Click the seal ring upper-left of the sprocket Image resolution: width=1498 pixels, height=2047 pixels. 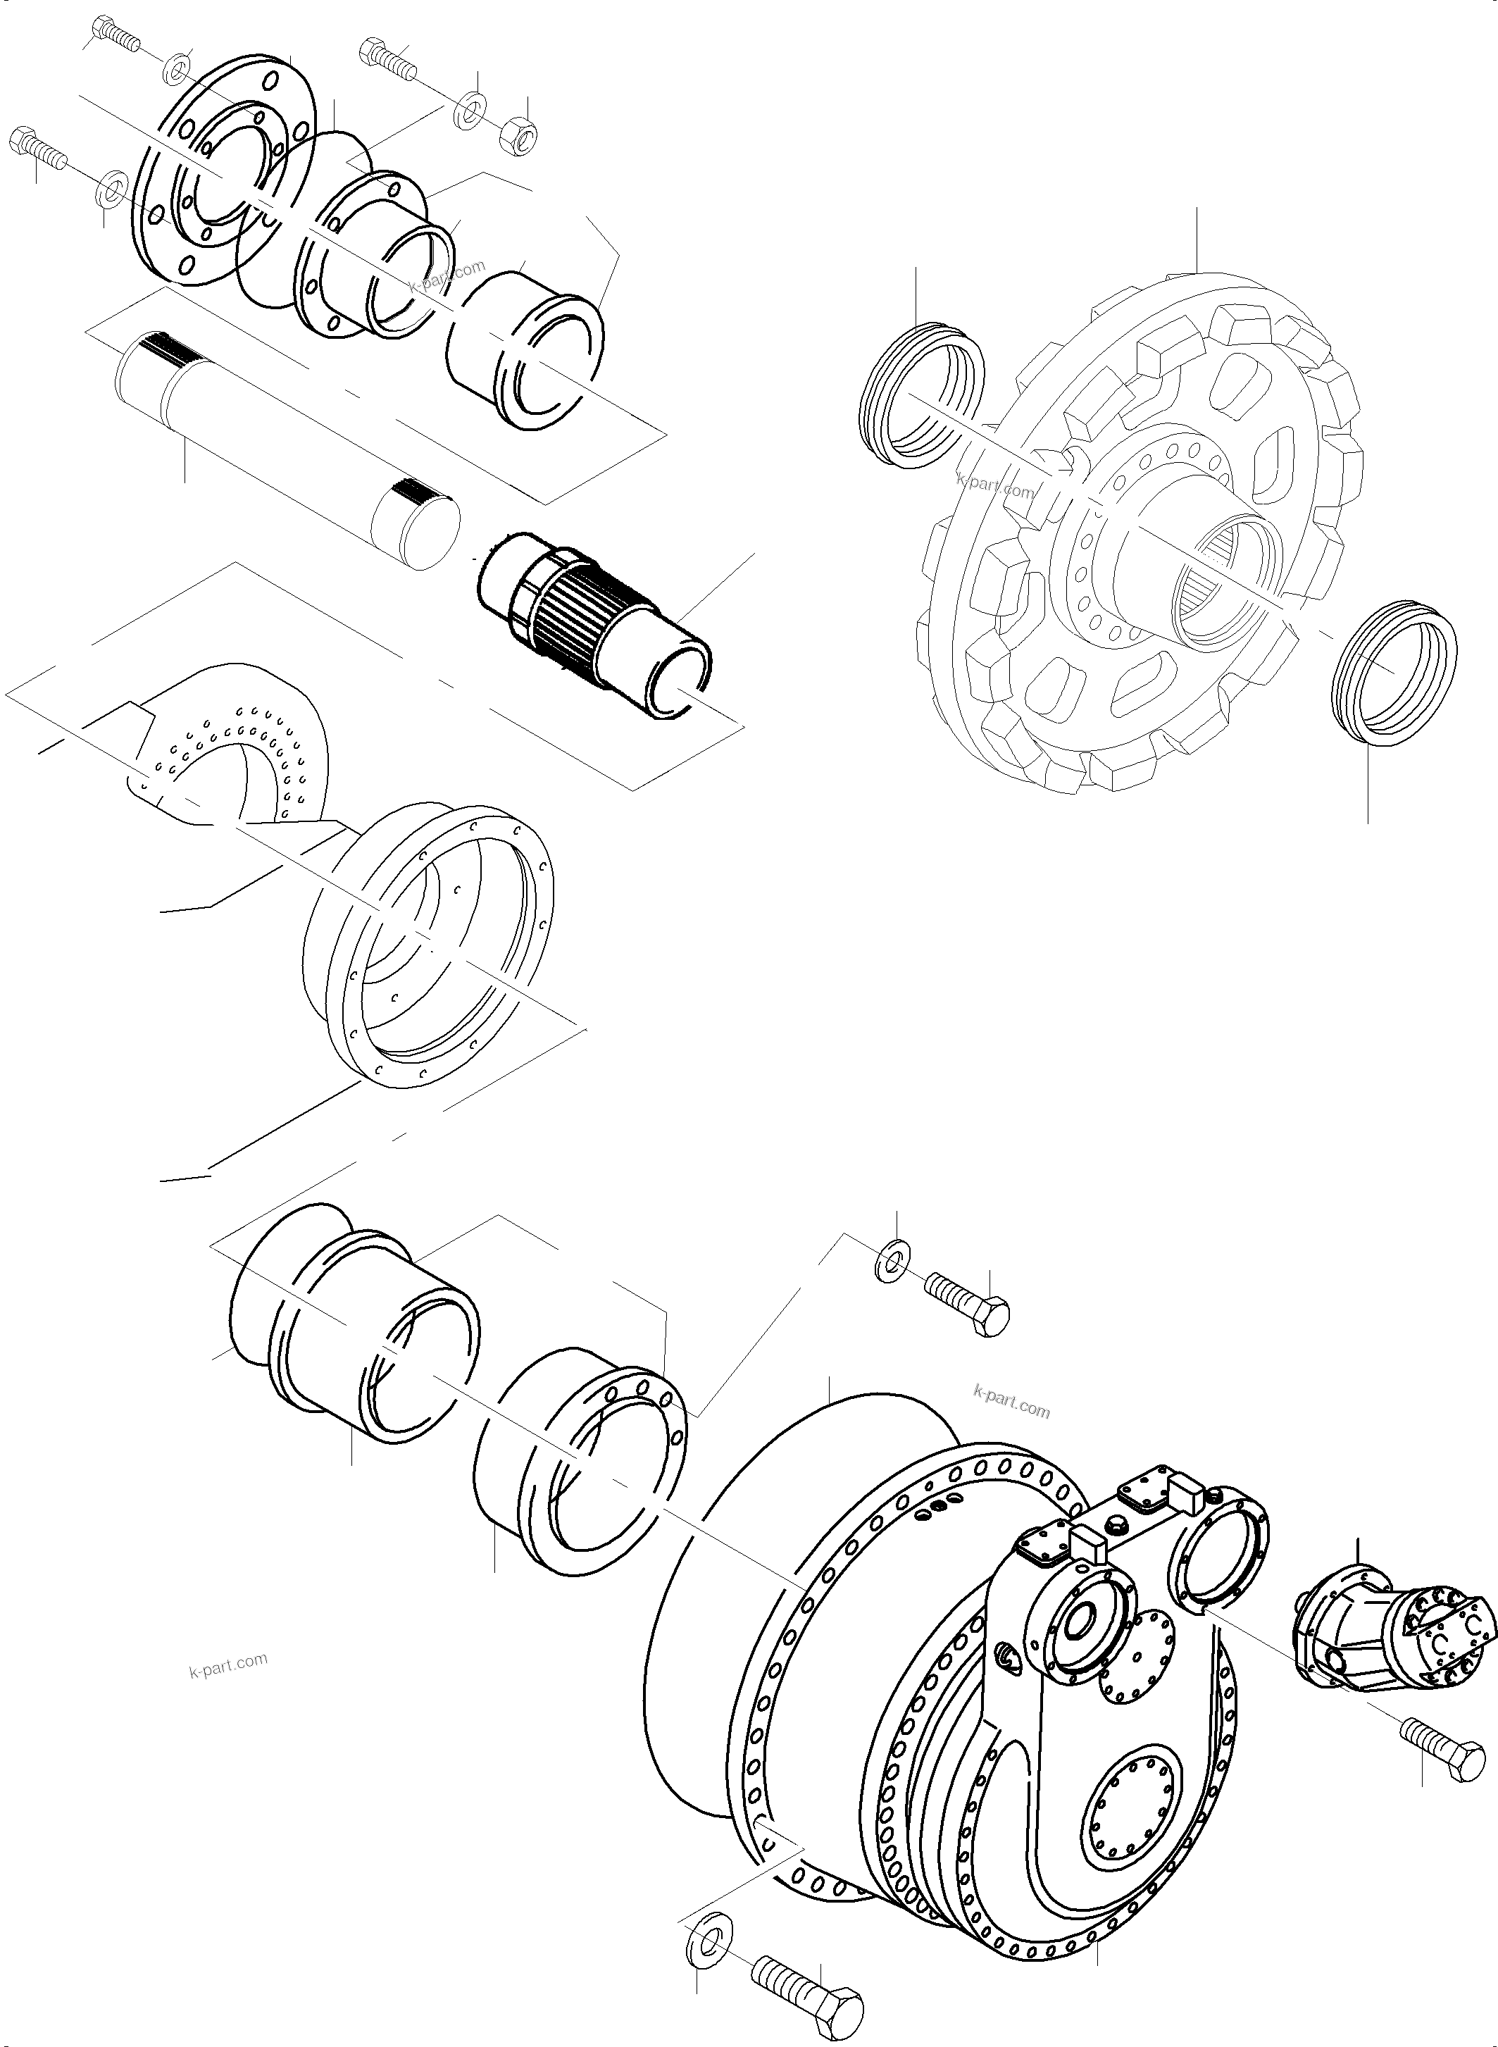pos(921,397)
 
